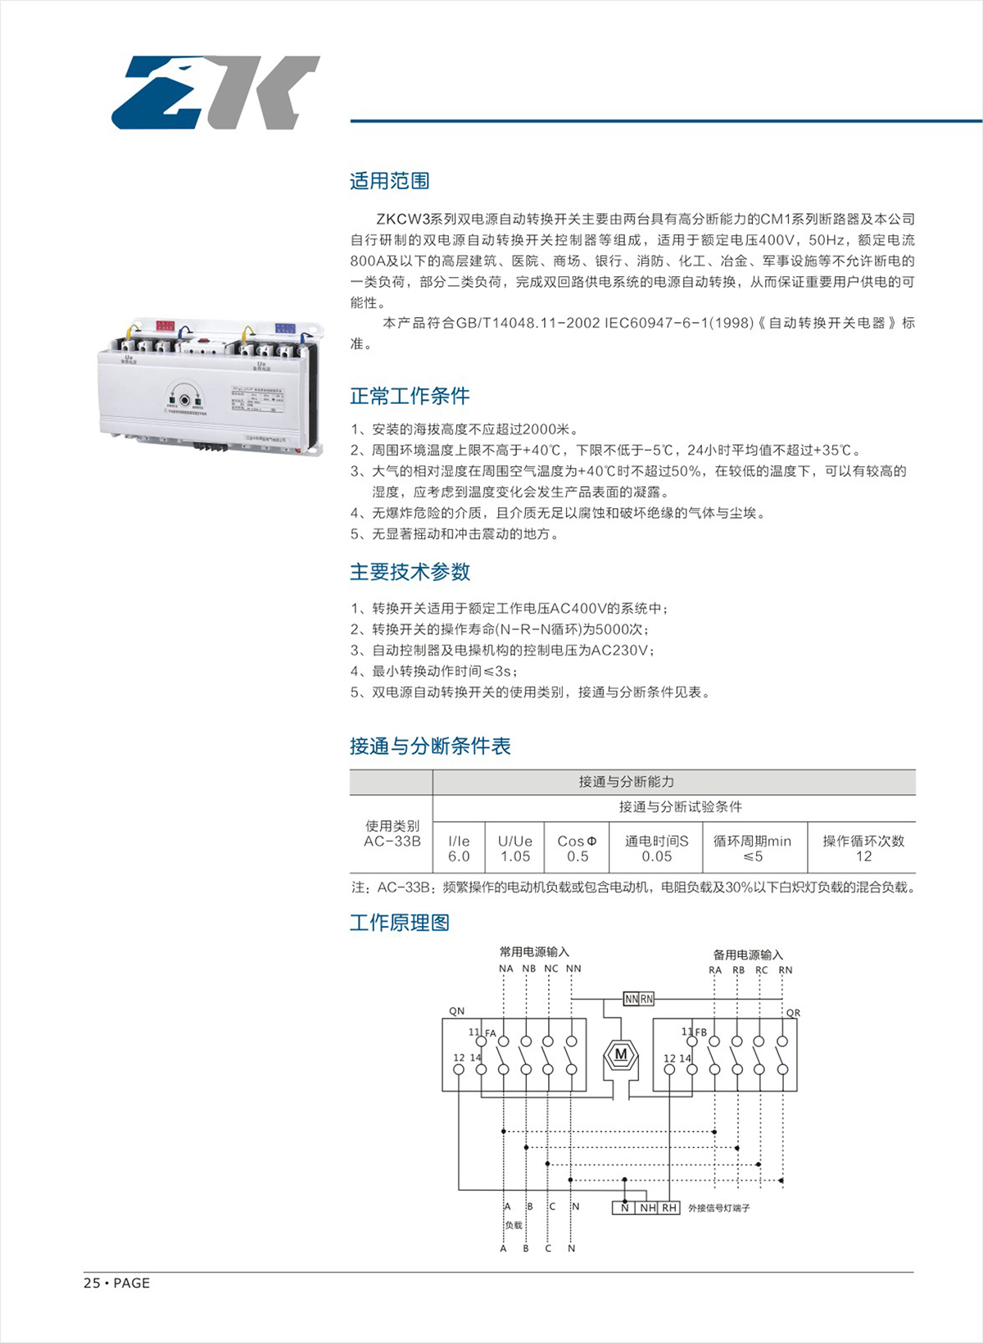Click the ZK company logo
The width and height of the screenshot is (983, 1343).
click(x=215, y=92)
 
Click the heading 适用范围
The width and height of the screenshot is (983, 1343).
click(x=389, y=181)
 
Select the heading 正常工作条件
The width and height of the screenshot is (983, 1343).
click(x=410, y=397)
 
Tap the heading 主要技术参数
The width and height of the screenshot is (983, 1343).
click(x=410, y=572)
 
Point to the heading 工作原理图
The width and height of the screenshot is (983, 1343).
click(x=400, y=923)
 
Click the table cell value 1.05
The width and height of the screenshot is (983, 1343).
click(x=515, y=856)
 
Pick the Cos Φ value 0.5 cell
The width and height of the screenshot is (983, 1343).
click(x=578, y=856)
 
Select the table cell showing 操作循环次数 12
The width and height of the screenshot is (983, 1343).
click(x=863, y=849)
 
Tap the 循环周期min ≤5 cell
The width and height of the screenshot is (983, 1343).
click(x=752, y=849)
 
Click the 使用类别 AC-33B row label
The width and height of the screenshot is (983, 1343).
click(x=392, y=833)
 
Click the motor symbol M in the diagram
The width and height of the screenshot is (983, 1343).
click(x=621, y=1055)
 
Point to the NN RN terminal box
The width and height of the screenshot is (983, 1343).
click(x=639, y=999)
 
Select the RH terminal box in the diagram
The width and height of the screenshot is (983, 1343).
click(x=669, y=1208)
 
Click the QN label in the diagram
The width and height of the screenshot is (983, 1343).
click(x=457, y=1011)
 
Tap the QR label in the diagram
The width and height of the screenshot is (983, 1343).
click(x=792, y=1013)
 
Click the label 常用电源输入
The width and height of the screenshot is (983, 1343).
click(x=534, y=952)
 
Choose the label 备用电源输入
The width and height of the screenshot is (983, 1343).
click(x=748, y=955)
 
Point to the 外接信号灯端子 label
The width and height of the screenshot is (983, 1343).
click(x=718, y=1209)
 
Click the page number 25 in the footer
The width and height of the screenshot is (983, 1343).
click(x=91, y=1283)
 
